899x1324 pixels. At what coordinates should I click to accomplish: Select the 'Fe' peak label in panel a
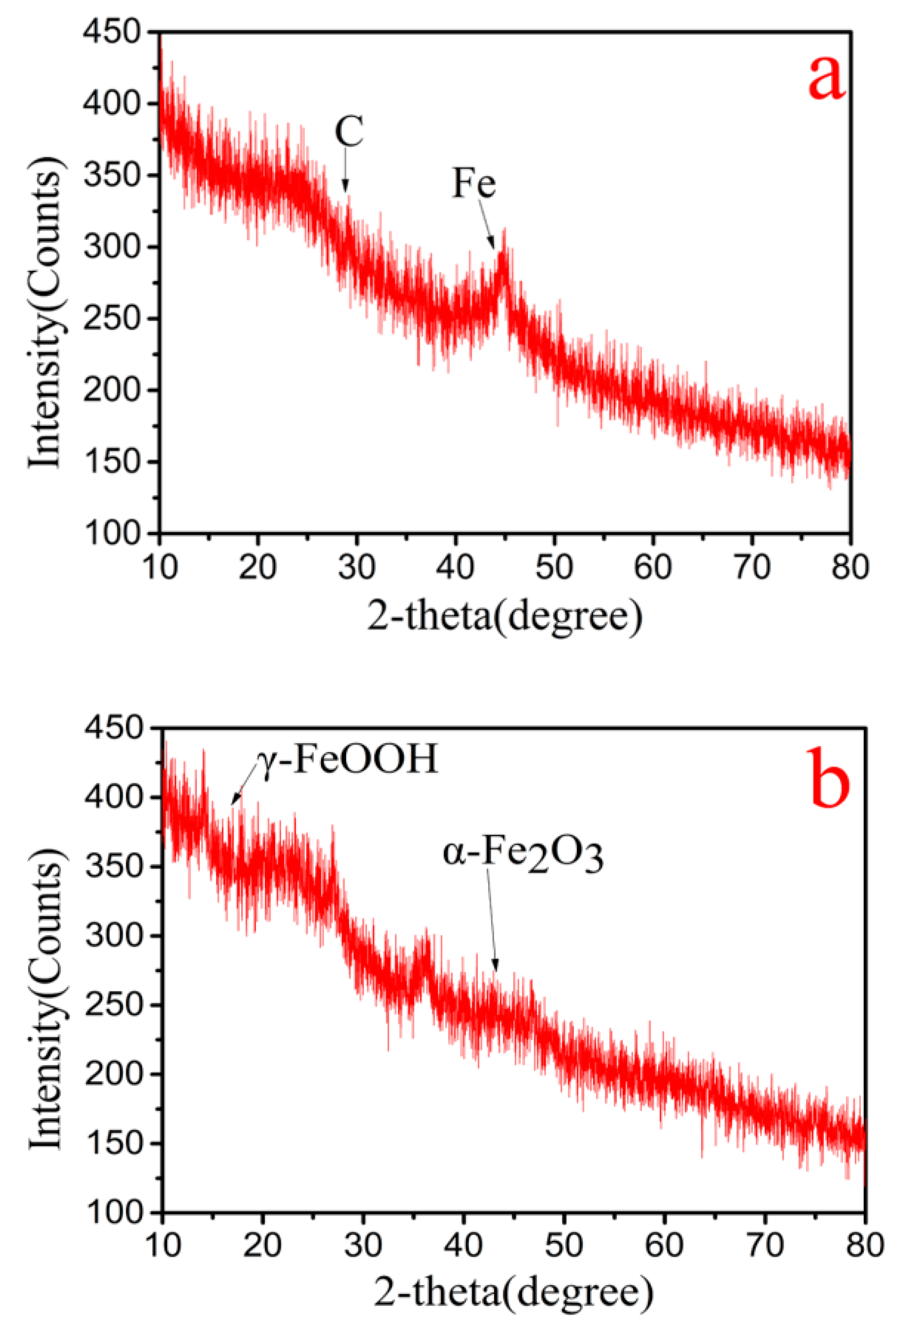[473, 183]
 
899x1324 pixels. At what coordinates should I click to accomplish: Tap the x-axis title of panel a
[504, 617]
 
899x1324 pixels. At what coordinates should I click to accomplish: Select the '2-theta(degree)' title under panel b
[513, 1293]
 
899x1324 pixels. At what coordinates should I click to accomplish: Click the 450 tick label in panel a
[111, 32]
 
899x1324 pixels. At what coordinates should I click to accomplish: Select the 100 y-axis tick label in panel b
[113, 1212]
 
